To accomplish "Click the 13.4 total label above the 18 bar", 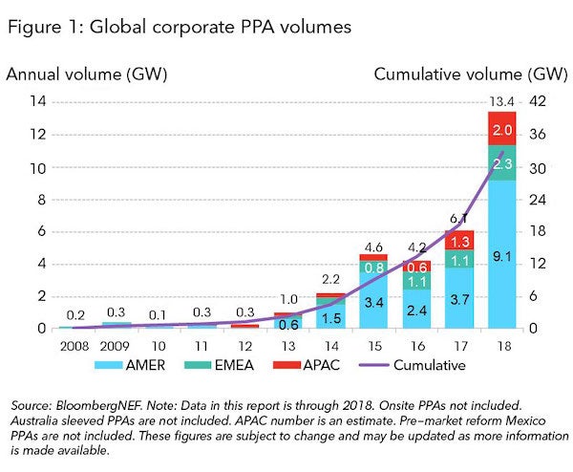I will point(502,102).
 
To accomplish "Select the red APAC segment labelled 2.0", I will point(502,129).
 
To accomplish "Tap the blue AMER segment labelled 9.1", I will point(502,255).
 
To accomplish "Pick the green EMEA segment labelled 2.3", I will point(502,163).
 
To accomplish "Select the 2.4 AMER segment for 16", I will point(416,309).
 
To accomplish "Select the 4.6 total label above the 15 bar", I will point(373,246).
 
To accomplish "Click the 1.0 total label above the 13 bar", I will point(288,298).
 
